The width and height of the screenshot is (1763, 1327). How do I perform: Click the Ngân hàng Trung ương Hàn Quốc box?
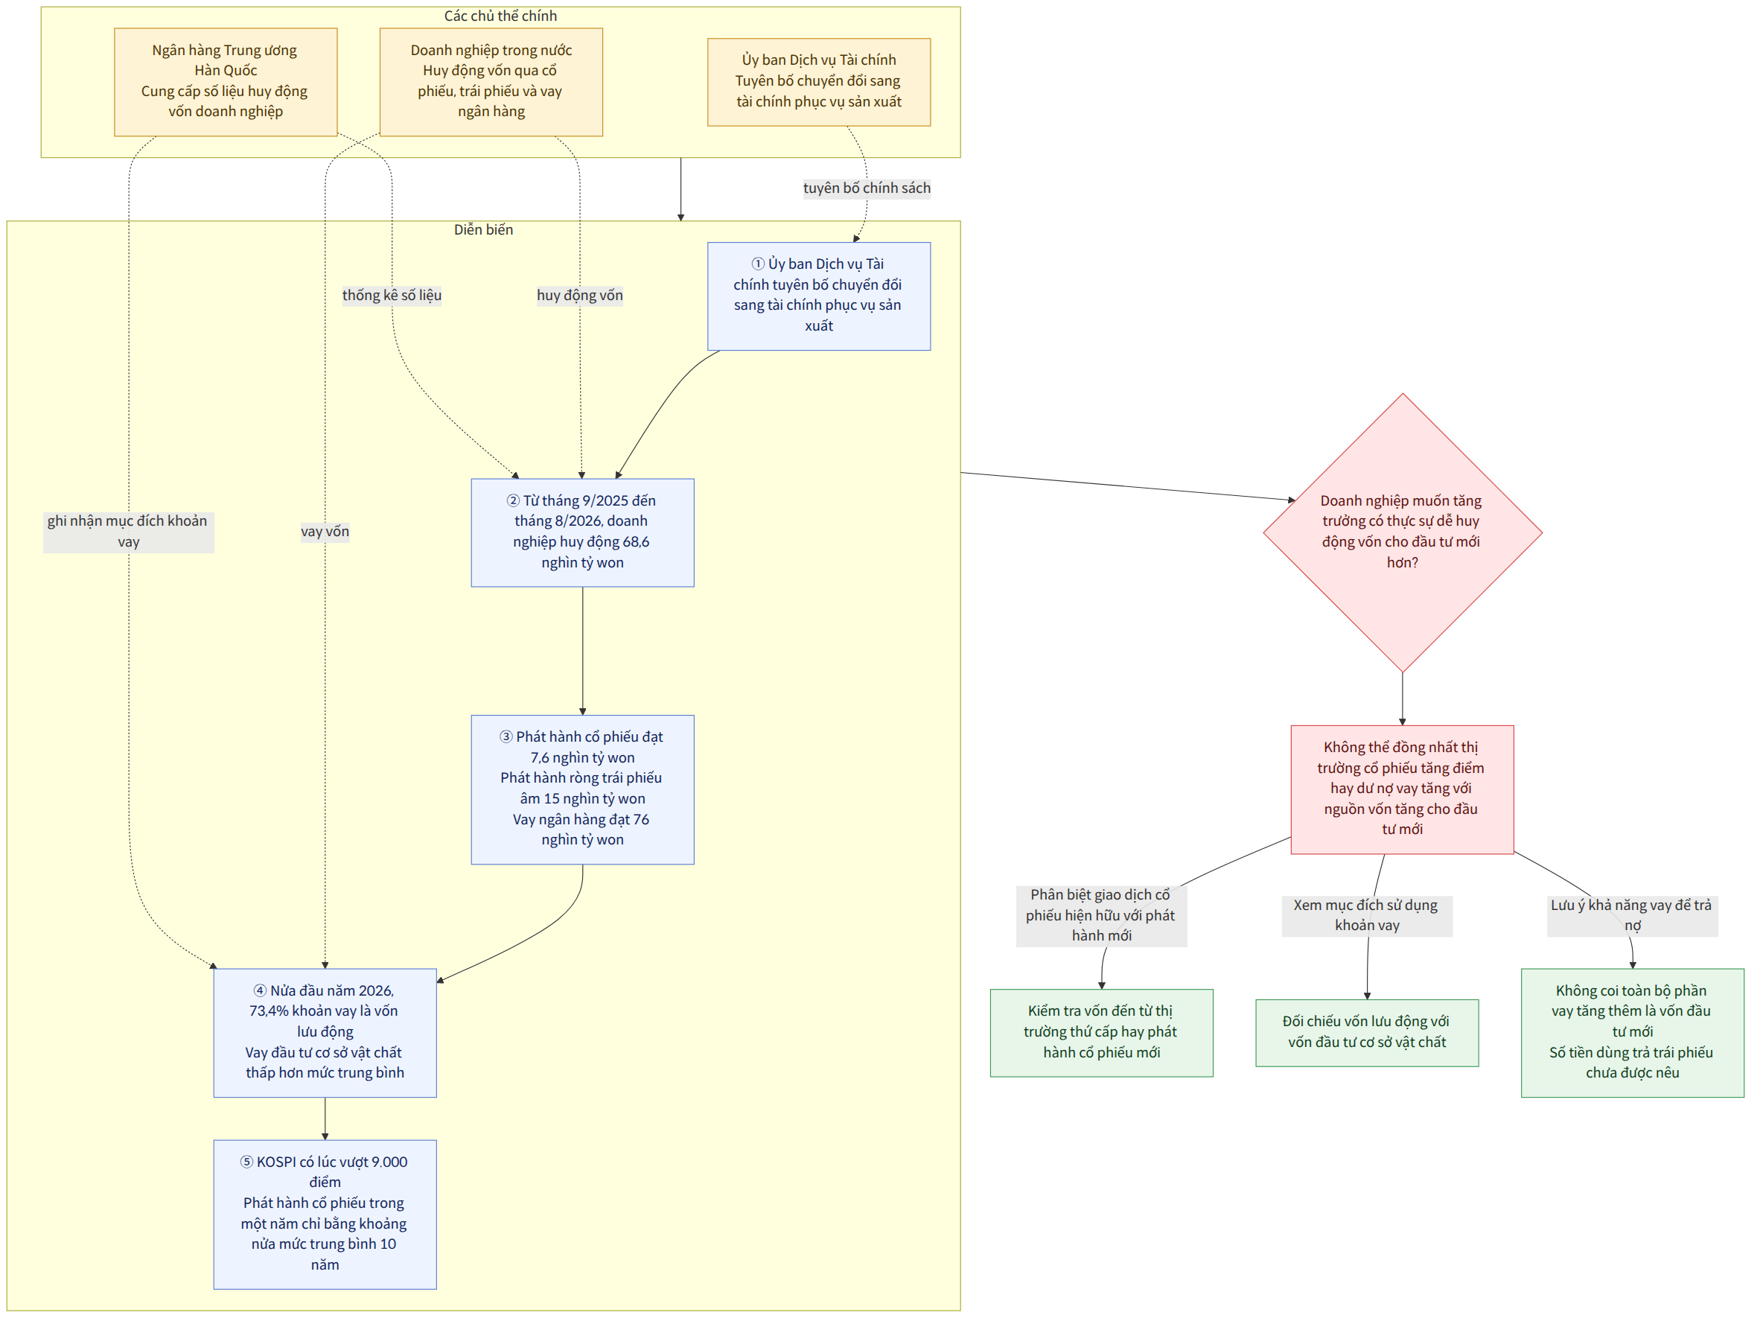tap(226, 82)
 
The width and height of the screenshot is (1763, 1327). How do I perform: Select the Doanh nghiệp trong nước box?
tap(491, 82)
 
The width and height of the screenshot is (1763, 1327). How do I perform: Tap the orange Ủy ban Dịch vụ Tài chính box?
tap(818, 82)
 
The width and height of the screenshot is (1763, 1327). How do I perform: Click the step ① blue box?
tap(818, 296)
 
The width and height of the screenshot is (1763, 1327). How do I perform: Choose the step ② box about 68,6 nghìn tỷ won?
tap(583, 532)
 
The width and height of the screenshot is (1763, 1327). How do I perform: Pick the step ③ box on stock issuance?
tap(583, 789)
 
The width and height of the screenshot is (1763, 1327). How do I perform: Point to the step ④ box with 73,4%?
tap(325, 1032)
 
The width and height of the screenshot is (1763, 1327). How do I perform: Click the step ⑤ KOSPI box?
tap(325, 1214)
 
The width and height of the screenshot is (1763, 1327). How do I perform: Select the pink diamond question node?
tap(1402, 532)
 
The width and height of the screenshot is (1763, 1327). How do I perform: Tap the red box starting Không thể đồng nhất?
tap(1402, 789)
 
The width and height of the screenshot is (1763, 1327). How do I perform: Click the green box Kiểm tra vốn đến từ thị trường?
tap(1101, 1032)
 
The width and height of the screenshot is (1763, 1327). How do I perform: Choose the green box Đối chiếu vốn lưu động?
tap(1367, 1032)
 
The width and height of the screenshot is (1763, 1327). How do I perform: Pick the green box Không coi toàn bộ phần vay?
tap(1632, 1032)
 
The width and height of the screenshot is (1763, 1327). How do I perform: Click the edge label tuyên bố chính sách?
tap(867, 188)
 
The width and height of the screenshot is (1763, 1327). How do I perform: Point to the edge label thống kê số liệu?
tap(392, 296)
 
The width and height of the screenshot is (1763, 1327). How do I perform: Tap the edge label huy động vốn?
tap(579, 296)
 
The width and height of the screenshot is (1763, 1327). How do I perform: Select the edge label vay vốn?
tap(325, 532)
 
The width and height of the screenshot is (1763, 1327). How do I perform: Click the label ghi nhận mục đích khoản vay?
tap(128, 532)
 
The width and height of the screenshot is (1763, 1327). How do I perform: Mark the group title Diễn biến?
tap(484, 229)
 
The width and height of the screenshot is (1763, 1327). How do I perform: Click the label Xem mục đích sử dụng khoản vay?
tap(1367, 915)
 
